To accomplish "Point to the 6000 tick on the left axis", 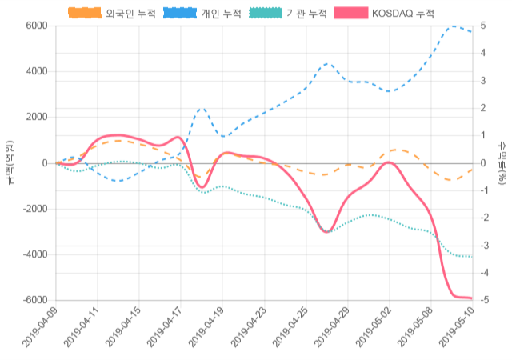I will coord(36,26).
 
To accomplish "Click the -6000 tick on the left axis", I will coord(34,300).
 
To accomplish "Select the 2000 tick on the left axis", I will coord(36,117).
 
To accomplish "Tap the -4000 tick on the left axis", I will coord(34,254).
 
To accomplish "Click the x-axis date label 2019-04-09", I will coord(40,328).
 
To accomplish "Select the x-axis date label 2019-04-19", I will coord(206,328).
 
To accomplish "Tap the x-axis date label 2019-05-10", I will coord(456,328).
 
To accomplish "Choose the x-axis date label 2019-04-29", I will coord(331,328).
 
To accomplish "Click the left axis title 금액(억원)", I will coord(10,162).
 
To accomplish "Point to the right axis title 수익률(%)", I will coord(502,162).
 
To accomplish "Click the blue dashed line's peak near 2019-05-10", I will coord(454,26).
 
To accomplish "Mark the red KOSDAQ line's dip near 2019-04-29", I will coord(326,231).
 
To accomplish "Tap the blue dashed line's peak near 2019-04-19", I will coord(202,108).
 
